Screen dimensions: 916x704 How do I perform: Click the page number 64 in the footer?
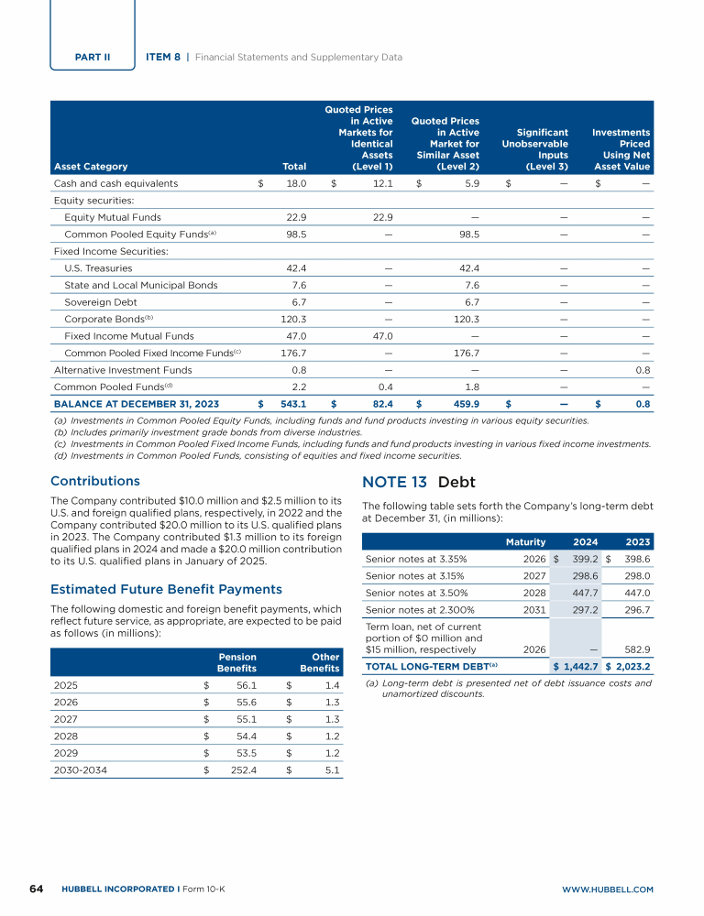pos(37,889)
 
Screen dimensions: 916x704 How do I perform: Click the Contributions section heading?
pos(95,481)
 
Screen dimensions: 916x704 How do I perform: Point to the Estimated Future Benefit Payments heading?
pos(166,589)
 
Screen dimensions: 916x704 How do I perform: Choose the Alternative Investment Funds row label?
pos(123,370)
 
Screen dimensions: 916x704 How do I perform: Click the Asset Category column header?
pos(91,167)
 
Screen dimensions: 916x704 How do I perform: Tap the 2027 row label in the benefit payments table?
pos(66,721)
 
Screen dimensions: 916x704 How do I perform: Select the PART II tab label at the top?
pos(93,57)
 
